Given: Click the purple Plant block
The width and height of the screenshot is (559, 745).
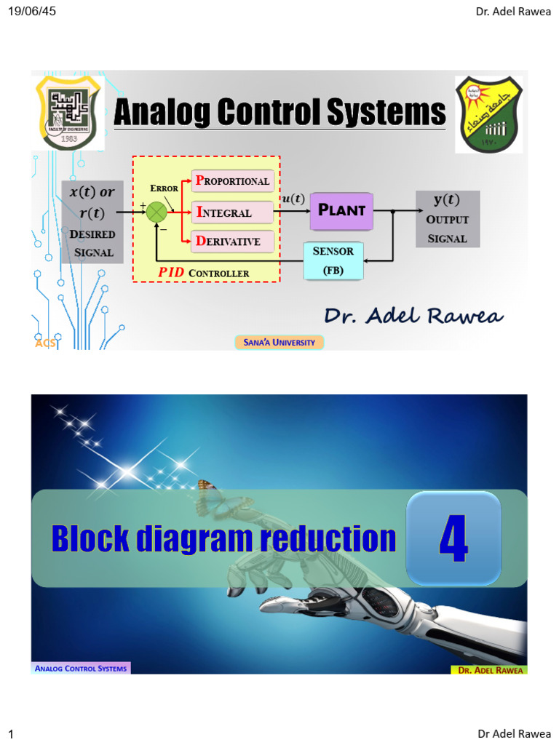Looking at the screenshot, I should (x=341, y=211).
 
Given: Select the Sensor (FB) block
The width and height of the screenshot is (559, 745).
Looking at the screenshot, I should (x=333, y=261).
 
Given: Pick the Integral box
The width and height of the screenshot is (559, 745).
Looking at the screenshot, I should (x=232, y=212).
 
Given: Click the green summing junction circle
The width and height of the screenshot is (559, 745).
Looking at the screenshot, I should (x=156, y=212).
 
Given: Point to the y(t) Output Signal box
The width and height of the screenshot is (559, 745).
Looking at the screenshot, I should (x=447, y=218).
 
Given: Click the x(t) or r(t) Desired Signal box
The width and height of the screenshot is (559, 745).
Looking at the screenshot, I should (x=92, y=222).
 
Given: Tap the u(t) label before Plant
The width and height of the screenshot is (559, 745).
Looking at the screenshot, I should (x=293, y=199).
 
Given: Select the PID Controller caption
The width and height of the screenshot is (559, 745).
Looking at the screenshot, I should (x=203, y=273).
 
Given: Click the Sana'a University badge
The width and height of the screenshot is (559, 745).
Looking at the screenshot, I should (x=279, y=342).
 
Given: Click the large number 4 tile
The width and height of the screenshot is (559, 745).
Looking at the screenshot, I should (x=453, y=539).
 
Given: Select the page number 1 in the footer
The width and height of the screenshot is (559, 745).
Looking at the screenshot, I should (x=11, y=734).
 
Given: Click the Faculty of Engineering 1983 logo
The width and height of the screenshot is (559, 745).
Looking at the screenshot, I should (x=69, y=113).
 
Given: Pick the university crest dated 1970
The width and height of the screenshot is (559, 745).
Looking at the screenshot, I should (x=488, y=114).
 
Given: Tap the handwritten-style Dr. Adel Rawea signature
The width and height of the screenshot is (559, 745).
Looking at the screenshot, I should (x=413, y=316).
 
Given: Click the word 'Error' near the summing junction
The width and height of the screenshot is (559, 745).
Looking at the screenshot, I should (x=164, y=188).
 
